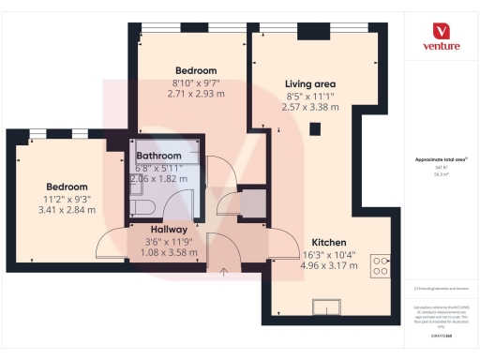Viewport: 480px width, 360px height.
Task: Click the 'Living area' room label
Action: pyautogui.click(x=310, y=84)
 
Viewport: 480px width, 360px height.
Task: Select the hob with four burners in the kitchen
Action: pyautogui.click(x=381, y=265)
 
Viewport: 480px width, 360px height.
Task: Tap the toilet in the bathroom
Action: pyautogui.click(x=138, y=207)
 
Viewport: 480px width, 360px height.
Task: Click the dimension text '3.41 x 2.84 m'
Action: pyautogui.click(x=66, y=209)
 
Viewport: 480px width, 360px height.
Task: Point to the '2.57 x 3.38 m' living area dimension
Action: pyautogui.click(x=310, y=107)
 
